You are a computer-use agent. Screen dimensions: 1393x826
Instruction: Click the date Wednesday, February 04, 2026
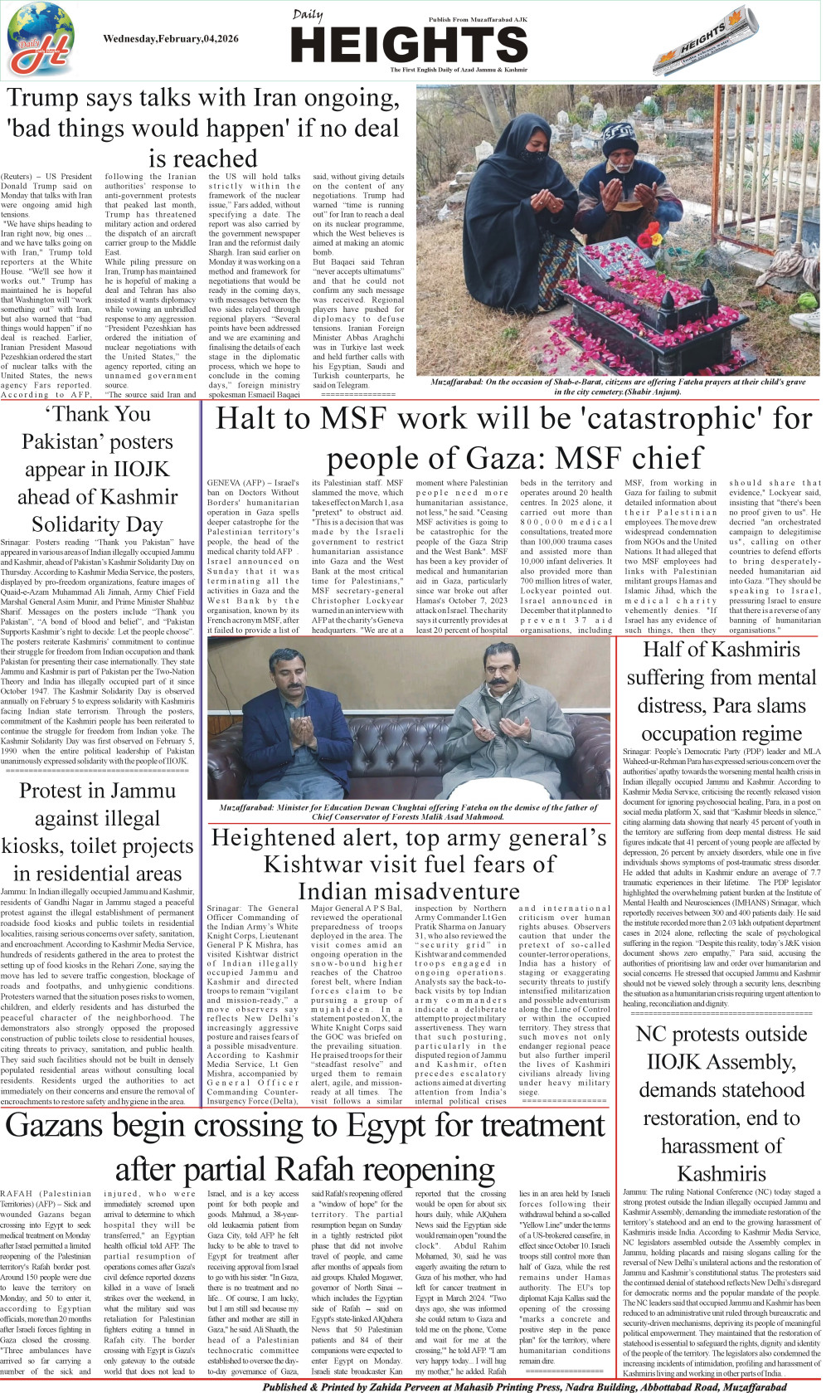171,39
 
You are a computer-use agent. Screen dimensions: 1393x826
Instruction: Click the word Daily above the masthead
307,15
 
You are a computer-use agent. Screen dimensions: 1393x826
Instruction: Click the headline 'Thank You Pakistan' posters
98,469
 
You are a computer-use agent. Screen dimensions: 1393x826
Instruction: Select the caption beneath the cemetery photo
618,387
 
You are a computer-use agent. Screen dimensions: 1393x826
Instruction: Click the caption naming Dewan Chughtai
408,811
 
